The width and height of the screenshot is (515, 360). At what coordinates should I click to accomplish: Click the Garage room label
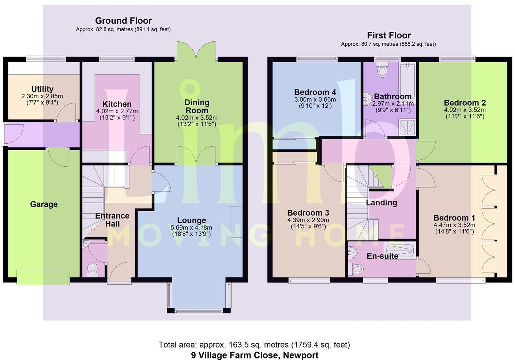click(44, 204)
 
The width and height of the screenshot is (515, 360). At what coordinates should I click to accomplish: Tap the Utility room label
click(42, 89)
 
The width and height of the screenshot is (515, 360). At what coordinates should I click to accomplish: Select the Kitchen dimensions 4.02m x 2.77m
click(117, 111)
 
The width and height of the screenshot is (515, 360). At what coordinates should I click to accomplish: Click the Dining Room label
click(197, 106)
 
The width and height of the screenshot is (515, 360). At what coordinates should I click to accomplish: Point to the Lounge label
click(191, 220)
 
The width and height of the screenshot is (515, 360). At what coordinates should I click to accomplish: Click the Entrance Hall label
click(112, 220)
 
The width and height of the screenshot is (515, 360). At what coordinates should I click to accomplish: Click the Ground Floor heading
click(123, 21)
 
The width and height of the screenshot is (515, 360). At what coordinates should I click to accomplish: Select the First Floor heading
click(389, 35)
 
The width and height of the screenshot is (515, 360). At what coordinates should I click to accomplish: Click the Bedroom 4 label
click(315, 92)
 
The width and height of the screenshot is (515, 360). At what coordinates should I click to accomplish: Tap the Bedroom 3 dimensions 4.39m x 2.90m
click(308, 220)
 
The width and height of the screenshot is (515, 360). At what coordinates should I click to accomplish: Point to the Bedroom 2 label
click(465, 103)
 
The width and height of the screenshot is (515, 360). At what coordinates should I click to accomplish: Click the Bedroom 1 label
click(454, 218)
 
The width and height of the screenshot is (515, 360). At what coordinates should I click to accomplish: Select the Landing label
click(381, 203)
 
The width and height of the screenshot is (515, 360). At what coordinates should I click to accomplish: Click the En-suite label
click(382, 256)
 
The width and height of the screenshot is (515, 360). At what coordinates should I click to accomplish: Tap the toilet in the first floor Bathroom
click(382, 70)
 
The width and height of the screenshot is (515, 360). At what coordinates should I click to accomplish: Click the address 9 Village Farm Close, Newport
click(255, 355)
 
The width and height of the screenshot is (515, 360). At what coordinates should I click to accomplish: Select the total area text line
click(254, 345)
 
